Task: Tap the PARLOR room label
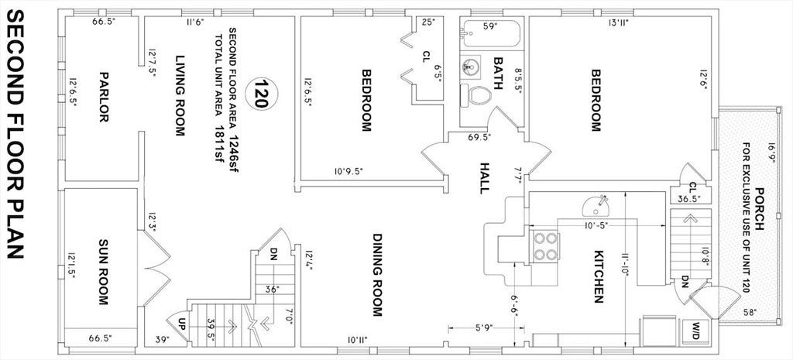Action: coord(104,97)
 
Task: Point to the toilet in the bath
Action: coord(476,95)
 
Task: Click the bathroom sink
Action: coord(470,65)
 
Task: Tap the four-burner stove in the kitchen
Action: coord(544,246)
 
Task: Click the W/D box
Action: coord(692,329)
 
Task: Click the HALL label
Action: coord(485,177)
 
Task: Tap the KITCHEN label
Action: coord(599,276)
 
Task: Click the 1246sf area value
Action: coord(234,153)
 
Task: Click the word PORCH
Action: coord(759,209)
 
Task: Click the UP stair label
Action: coord(183,332)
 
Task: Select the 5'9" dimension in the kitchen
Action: coord(484,328)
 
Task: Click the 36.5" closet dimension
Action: coord(688,199)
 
